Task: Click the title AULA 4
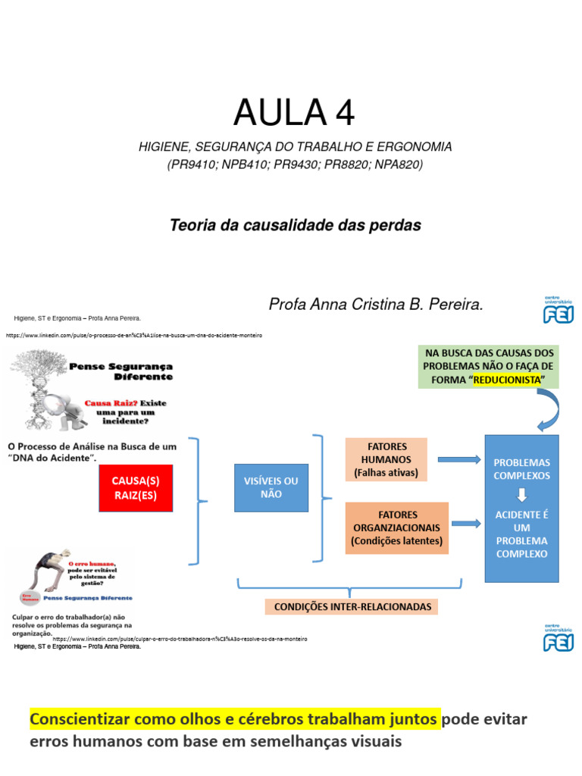click(x=294, y=113)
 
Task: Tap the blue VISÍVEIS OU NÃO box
click(x=271, y=487)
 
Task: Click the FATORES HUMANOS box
click(x=386, y=459)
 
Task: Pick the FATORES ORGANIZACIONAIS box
click(x=396, y=527)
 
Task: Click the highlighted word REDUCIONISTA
click(x=507, y=379)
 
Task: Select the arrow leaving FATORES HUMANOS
click(x=458, y=459)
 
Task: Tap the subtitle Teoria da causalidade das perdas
click(x=295, y=225)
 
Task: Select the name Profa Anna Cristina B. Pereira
click(x=376, y=305)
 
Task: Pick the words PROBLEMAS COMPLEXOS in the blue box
click(x=521, y=469)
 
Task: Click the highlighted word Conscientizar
click(x=81, y=718)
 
